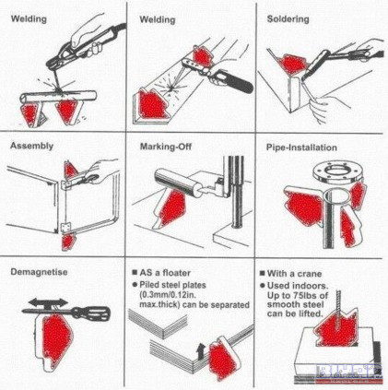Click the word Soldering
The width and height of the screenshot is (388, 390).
(288, 19)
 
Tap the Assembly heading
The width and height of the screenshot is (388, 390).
(31, 146)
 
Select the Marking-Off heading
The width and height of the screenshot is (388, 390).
(166, 147)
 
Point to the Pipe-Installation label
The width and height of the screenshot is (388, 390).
(301, 148)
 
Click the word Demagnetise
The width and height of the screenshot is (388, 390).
(39, 272)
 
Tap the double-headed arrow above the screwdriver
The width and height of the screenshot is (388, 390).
(49, 302)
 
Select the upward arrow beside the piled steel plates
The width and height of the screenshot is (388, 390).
(201, 351)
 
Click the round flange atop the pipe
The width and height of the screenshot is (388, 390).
(338, 172)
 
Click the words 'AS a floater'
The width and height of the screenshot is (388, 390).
(165, 273)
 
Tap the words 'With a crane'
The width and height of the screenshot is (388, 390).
(294, 274)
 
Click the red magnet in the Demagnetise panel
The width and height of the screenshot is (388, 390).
(56, 339)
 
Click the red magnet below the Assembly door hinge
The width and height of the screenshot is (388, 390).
(68, 242)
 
